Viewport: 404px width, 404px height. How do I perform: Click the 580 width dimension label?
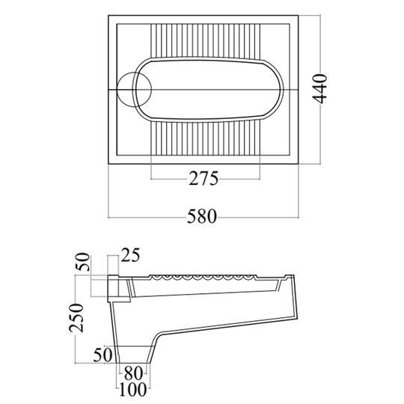point(202,216)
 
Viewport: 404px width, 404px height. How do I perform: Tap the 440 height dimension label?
point(319,88)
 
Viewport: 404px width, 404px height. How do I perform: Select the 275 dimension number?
point(203,178)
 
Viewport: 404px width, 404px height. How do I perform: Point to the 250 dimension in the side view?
point(76,318)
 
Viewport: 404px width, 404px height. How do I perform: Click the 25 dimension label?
point(130,255)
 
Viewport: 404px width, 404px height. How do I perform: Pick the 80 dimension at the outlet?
point(133,373)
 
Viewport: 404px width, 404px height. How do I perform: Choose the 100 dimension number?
point(133,389)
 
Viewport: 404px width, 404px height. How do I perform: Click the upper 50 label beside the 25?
point(84,262)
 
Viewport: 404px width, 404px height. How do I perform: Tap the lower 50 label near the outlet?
point(102,355)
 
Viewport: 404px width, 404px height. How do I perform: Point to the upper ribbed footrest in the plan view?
point(205,40)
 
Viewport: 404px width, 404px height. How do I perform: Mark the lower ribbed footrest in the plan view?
point(205,138)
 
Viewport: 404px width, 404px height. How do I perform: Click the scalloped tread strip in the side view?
point(203,278)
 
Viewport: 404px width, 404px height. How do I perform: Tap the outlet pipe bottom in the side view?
point(133,363)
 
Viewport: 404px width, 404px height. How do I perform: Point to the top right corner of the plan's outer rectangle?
point(299,16)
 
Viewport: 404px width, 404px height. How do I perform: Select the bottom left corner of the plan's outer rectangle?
point(108,164)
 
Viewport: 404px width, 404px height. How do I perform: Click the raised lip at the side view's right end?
point(289,278)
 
